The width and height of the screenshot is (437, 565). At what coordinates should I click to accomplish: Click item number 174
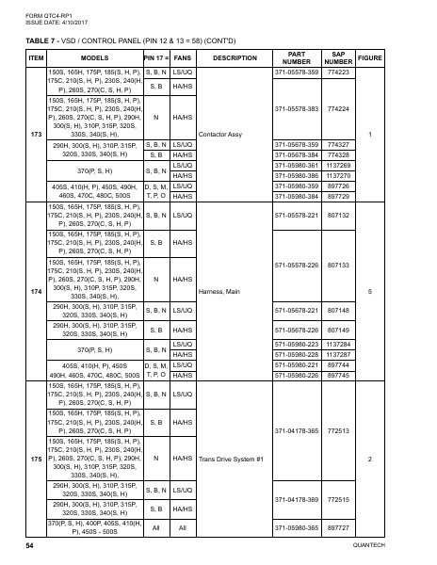36,292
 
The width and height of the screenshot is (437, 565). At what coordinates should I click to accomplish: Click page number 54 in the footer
30,546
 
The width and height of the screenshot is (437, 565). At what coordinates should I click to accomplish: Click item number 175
36,459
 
